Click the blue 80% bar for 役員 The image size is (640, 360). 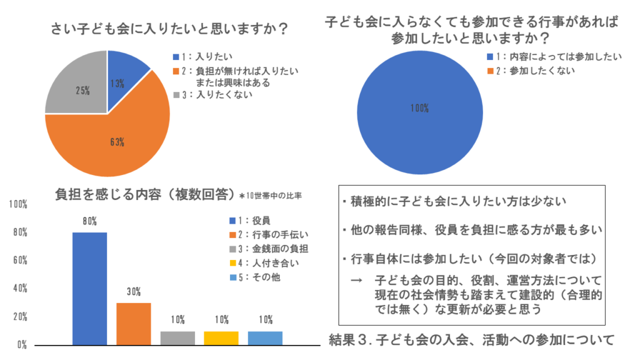point(89,288)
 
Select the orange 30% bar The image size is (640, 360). point(134,324)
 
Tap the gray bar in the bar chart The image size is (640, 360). point(178,337)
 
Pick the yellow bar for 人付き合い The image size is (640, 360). point(222,337)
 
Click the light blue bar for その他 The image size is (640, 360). point(266,337)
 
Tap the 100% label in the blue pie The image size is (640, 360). point(419,108)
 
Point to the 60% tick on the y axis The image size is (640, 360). point(20,260)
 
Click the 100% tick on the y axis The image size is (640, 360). point(17,204)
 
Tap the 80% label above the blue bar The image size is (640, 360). point(89,220)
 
